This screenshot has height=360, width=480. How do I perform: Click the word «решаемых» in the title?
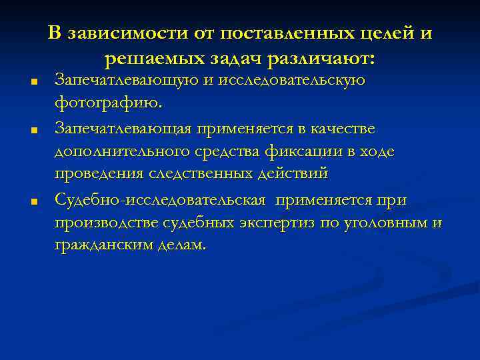click(147, 59)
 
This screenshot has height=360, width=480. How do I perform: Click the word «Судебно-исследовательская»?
click(161, 199)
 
